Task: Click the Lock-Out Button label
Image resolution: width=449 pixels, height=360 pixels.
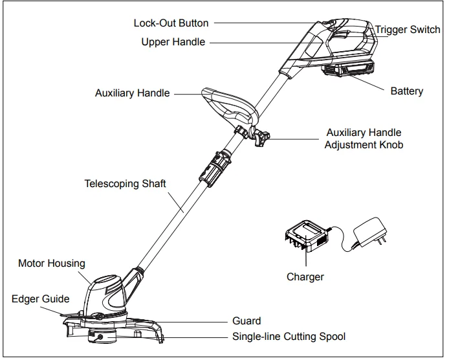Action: [x=171, y=23]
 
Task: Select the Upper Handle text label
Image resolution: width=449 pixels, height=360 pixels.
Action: [x=173, y=42]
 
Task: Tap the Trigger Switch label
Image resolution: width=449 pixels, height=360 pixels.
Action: [x=408, y=30]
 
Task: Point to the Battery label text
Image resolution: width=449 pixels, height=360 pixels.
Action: [x=406, y=91]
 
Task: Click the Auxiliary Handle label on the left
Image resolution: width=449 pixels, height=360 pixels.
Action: [x=132, y=93]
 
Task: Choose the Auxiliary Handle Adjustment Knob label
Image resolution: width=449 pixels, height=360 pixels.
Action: [x=363, y=139]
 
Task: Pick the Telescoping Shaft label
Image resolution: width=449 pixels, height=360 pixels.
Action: [x=125, y=184]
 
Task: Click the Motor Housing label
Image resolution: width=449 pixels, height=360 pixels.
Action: [x=51, y=264]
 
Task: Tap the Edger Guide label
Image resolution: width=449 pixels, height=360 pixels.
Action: [x=40, y=299]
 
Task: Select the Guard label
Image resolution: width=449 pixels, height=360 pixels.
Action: [x=246, y=321]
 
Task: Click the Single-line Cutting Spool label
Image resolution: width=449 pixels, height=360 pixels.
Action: [x=289, y=337]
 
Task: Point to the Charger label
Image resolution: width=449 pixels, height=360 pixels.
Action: [x=305, y=277]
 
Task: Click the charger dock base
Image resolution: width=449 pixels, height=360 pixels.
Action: [x=304, y=237]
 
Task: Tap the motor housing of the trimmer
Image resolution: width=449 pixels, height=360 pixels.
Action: [x=107, y=295]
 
